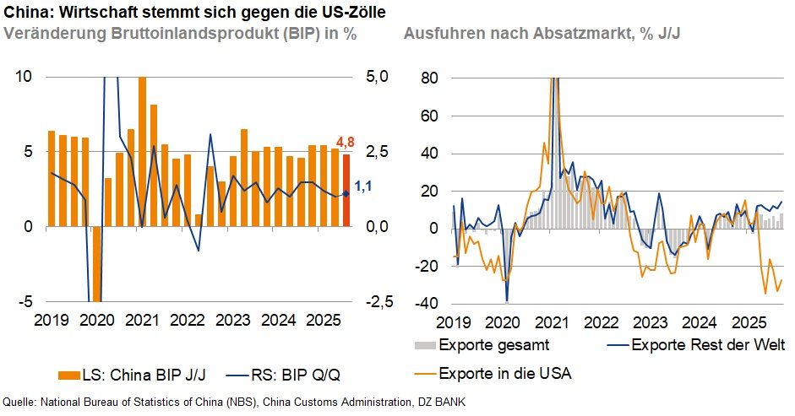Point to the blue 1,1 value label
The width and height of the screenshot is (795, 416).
tap(363, 186)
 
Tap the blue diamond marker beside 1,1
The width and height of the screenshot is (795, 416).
tap(346, 194)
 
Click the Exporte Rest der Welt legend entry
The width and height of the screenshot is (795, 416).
tap(698, 345)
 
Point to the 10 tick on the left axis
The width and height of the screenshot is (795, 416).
tap(25, 77)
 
